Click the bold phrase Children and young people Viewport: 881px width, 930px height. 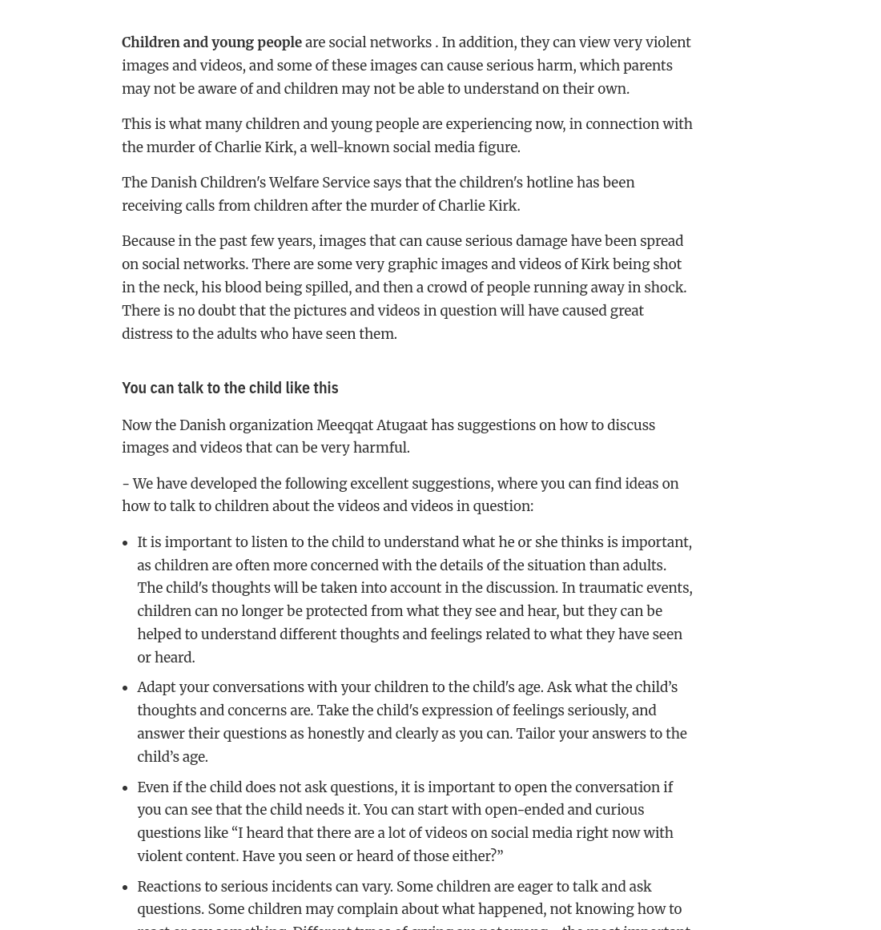[211, 42]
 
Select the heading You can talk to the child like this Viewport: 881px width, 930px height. [230, 388]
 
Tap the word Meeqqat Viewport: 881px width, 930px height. [344, 425]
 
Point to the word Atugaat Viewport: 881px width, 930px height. [402, 425]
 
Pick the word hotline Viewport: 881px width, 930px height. [546, 183]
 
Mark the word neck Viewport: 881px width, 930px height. [179, 288]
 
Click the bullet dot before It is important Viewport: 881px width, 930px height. [125, 543]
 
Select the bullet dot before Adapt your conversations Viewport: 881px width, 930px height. [125, 688]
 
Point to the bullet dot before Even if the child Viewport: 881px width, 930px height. [125, 788]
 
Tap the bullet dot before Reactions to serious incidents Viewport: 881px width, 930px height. [125, 888]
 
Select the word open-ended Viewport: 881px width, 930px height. [524, 810]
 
